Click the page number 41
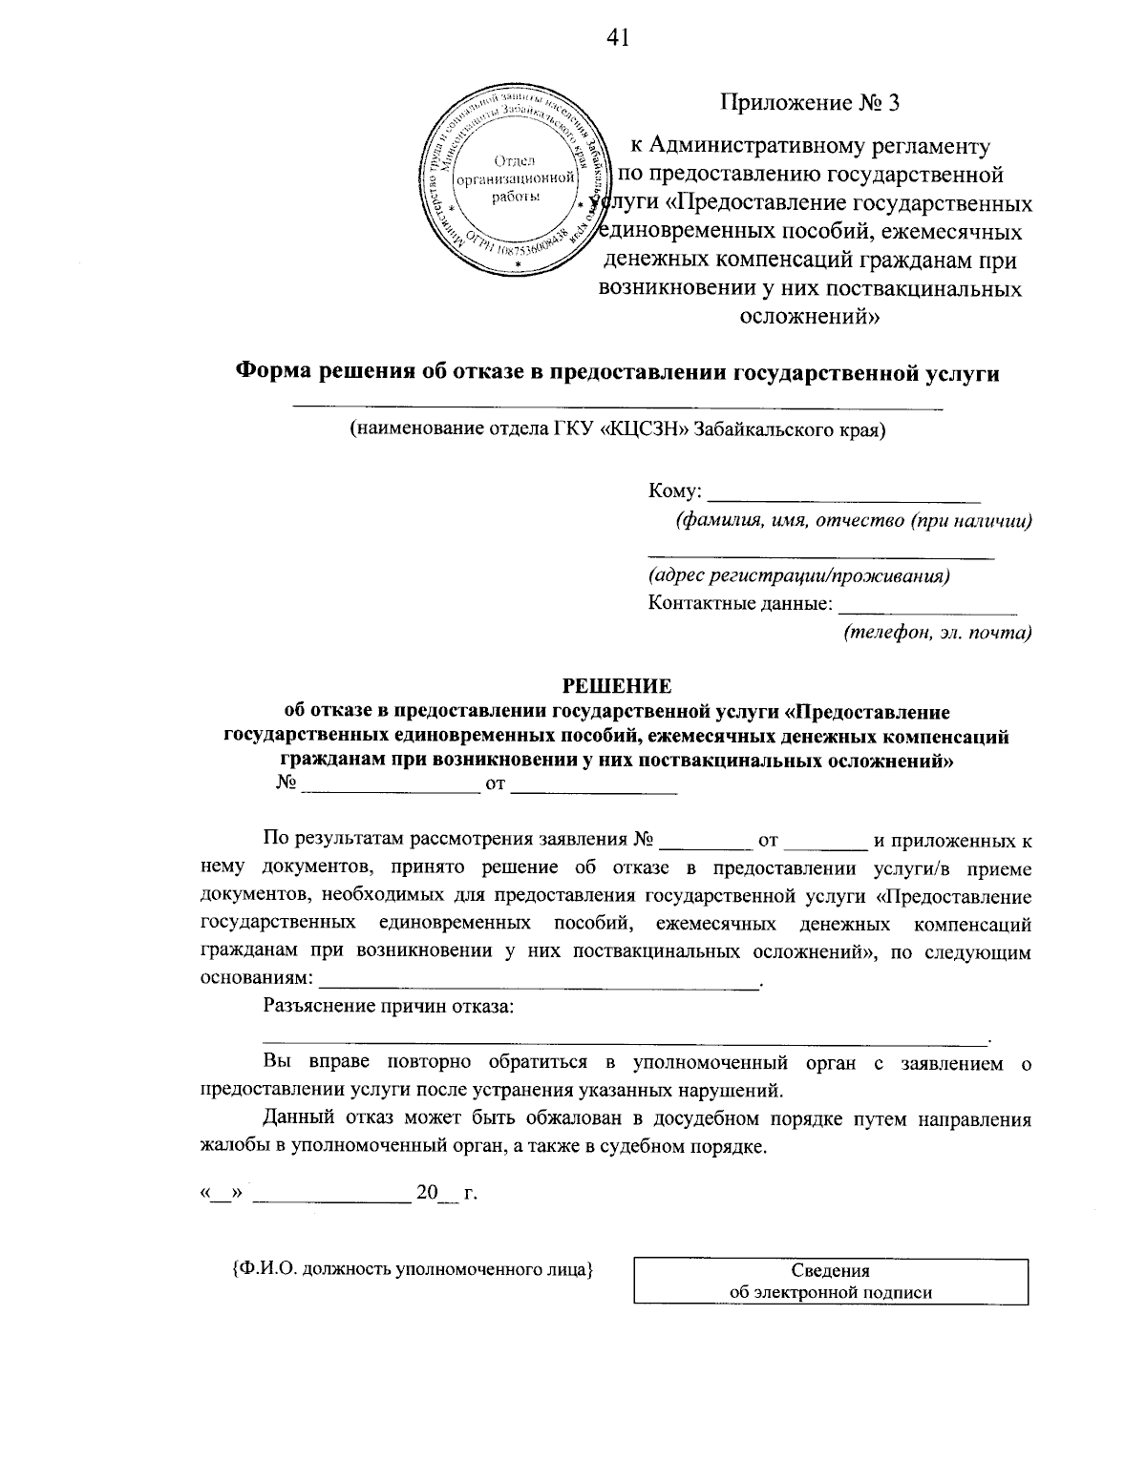[618, 37]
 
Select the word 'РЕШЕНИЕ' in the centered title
[616, 685]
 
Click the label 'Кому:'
[675, 492]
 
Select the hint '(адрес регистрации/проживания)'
[798, 575]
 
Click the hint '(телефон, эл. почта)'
[937, 632]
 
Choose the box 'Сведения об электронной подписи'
[830, 1282]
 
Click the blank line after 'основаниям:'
[540, 983]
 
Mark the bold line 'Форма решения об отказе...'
[617, 373]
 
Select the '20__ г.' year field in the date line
[445, 1194]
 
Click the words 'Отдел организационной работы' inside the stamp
[517, 177]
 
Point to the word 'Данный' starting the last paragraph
[296, 1119]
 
